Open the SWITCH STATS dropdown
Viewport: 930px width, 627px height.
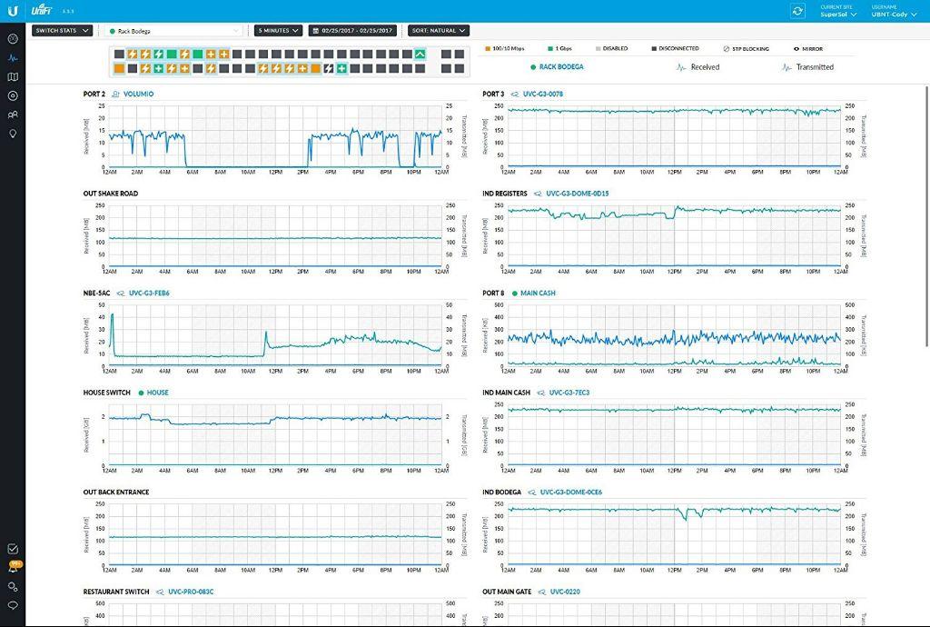point(62,31)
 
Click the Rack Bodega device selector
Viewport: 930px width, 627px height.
point(173,31)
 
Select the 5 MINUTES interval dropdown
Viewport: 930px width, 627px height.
point(277,31)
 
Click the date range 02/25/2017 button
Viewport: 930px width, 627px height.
point(355,31)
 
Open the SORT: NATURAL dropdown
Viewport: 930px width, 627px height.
point(438,31)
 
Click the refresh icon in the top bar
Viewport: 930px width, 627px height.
point(797,11)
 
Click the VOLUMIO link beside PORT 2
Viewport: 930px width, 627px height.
point(138,95)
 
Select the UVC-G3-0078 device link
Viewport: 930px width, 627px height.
point(542,95)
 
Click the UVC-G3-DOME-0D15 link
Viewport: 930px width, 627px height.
point(577,194)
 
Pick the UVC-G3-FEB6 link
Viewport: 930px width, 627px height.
point(149,294)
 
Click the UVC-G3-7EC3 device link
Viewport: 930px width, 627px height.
point(569,393)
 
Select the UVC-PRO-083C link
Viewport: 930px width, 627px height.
point(191,592)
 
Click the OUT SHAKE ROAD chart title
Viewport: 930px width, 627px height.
point(111,194)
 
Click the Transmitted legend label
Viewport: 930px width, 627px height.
point(814,67)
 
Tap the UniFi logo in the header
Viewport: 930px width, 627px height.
point(39,11)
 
